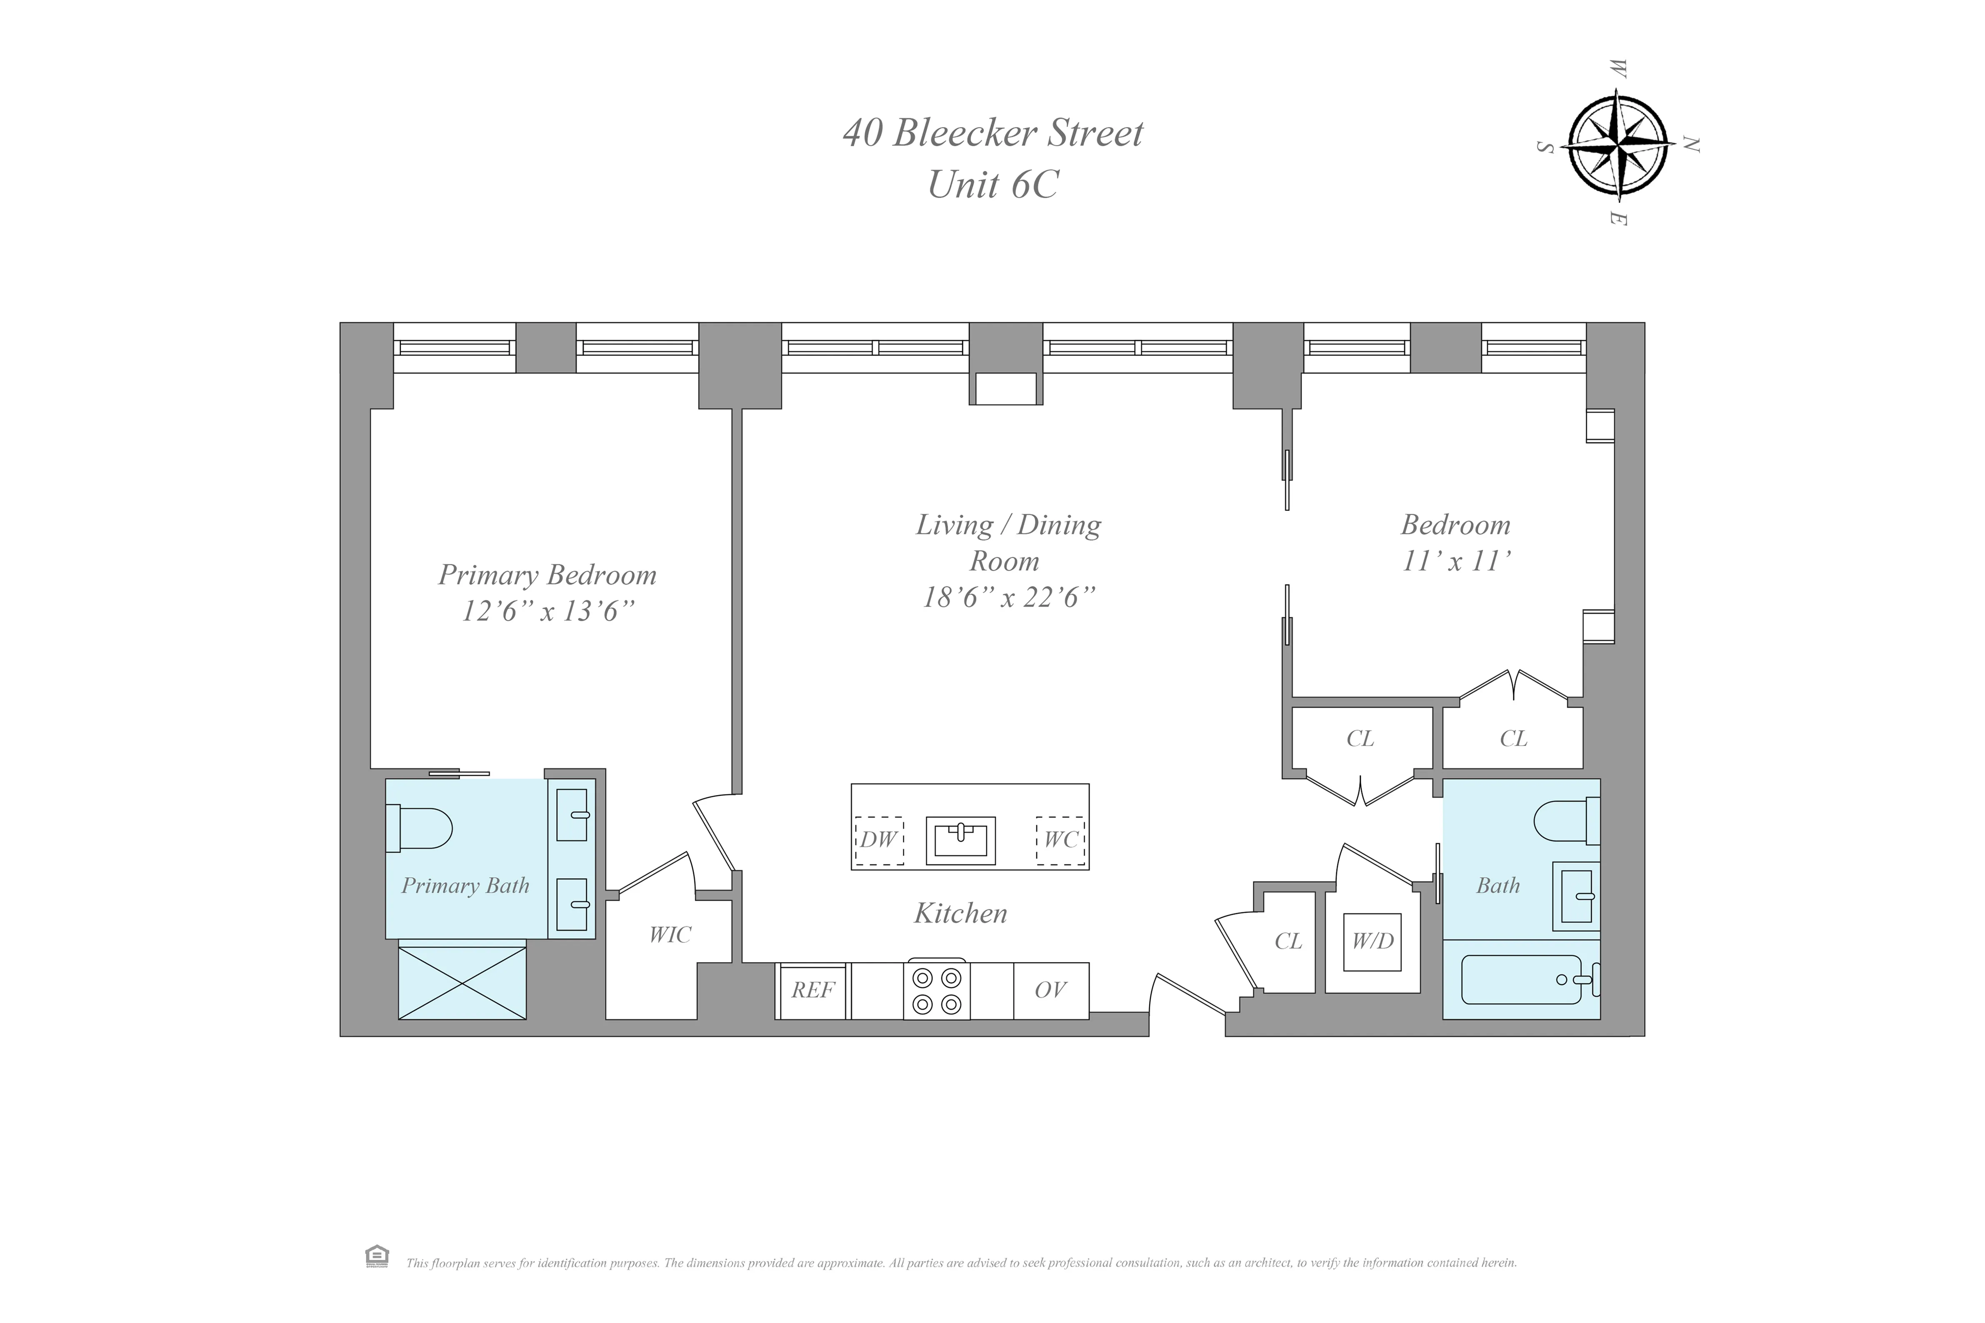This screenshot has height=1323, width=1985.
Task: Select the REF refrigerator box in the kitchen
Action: (x=812, y=991)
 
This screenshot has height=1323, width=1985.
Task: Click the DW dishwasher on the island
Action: (x=879, y=840)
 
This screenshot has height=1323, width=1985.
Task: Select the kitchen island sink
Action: (x=960, y=840)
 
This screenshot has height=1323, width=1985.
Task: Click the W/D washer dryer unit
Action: (x=1372, y=941)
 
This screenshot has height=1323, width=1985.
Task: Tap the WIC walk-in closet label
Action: (x=670, y=935)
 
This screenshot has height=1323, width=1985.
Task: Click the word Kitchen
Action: (x=960, y=913)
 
